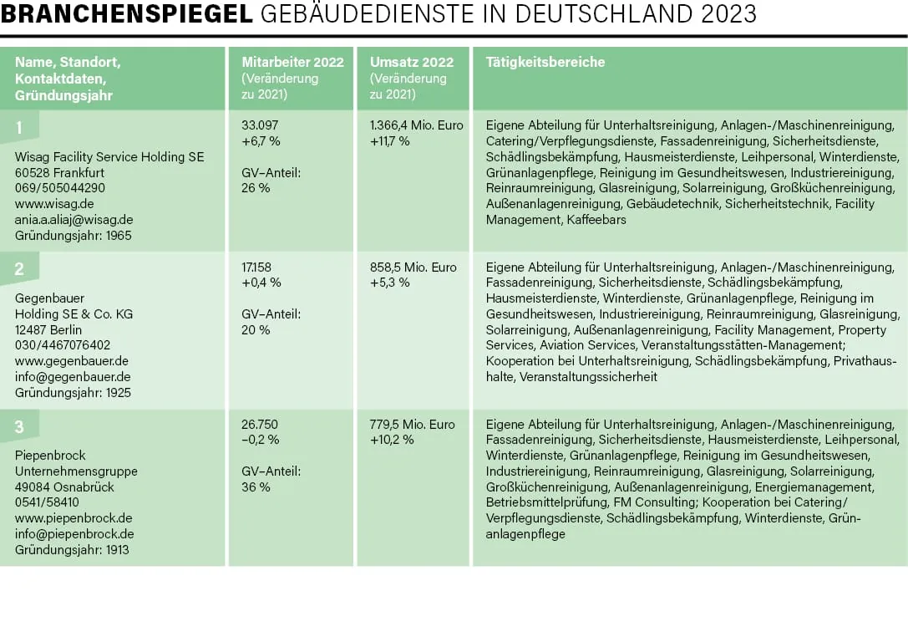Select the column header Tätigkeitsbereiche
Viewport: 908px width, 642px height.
[545, 62]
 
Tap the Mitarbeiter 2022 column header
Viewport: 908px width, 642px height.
[292, 62]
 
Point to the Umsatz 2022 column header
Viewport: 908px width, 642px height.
[412, 62]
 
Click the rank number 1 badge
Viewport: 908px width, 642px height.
[20, 127]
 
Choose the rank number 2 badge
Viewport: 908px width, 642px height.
[20, 269]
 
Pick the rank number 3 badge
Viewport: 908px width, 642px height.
[20, 427]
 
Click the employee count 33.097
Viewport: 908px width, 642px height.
[260, 125]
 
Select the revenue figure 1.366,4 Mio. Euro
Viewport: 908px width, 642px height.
[416, 125]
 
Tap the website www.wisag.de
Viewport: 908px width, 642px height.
[54, 204]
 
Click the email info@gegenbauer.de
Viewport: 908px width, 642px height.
[73, 377]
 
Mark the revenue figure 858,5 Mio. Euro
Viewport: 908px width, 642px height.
[413, 267]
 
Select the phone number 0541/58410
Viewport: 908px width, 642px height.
[47, 502]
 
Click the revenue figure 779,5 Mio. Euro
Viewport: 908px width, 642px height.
[413, 425]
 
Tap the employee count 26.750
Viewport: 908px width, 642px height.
[260, 425]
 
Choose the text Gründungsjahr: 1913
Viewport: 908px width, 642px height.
[72, 550]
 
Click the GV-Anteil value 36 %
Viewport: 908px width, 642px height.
[256, 487]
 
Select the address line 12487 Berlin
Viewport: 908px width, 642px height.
[48, 330]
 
